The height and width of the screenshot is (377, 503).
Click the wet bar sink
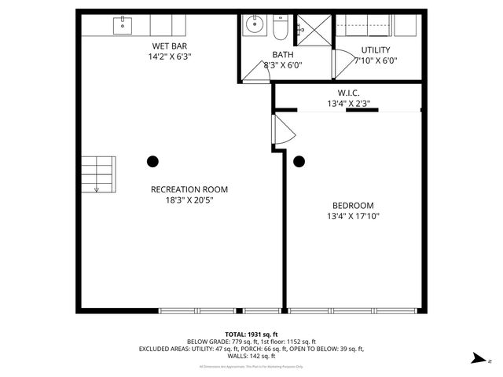tap(124, 26)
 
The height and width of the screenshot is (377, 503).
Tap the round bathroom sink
tap(255, 24)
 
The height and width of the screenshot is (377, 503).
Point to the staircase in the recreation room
tap(98, 174)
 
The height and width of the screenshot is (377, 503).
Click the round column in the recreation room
tap(152, 162)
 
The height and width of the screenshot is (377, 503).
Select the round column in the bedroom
tap(299, 162)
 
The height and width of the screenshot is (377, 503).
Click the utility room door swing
tap(343, 62)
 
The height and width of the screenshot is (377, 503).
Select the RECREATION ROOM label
tap(189, 189)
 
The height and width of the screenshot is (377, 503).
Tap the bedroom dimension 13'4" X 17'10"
tap(353, 217)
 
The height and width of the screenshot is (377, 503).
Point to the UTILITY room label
tap(376, 50)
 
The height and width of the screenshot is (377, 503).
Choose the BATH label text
tap(282, 55)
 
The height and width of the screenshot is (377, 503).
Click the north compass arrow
tap(476, 358)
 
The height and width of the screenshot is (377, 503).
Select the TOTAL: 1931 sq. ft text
tap(251, 334)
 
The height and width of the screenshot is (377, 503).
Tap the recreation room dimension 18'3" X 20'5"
tap(189, 200)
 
